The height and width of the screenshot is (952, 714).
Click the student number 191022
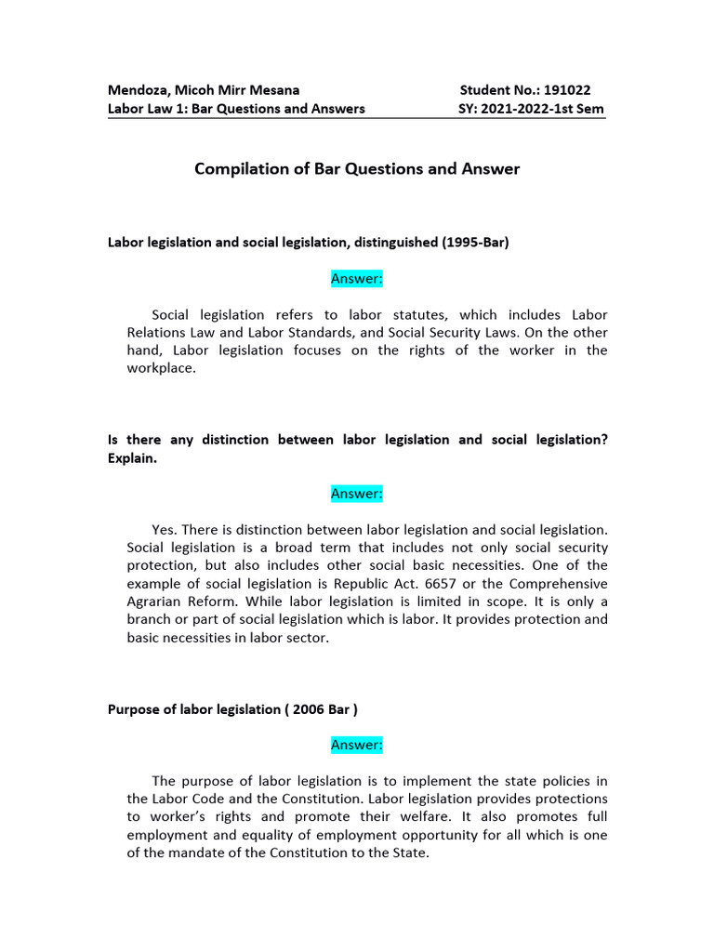(565, 90)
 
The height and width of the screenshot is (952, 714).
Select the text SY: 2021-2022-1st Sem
(532, 109)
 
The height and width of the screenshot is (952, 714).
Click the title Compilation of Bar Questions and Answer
(357, 169)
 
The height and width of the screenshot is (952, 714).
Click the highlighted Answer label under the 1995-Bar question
(357, 278)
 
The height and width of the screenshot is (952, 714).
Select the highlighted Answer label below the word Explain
(357, 494)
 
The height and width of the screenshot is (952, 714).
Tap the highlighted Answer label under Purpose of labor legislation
(357, 745)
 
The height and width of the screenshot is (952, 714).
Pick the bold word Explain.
(132, 457)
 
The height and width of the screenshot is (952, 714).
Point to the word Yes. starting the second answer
(165, 529)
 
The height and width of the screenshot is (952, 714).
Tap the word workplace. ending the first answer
(161, 368)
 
